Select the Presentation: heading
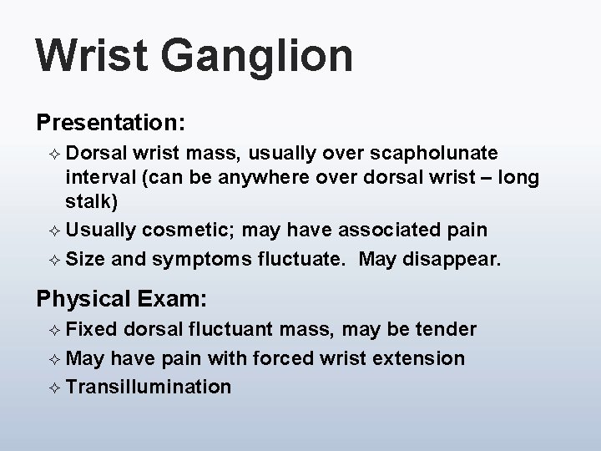pyautogui.click(x=109, y=122)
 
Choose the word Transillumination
pyautogui.click(x=149, y=387)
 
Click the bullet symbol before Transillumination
pyautogui.click(x=53, y=387)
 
